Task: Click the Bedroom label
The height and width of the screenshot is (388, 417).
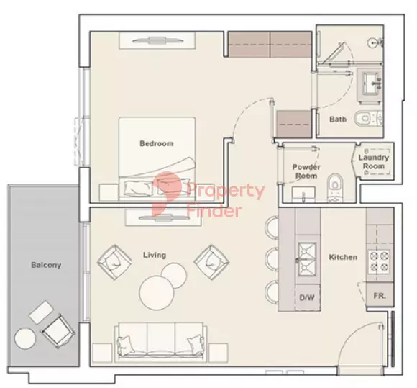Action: (x=157, y=143)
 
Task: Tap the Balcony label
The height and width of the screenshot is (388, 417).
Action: (x=46, y=265)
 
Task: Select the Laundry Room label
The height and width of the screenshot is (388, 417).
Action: (x=374, y=162)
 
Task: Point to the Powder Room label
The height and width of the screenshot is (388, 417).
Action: (x=306, y=171)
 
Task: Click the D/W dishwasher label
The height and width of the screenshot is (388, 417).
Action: (x=307, y=297)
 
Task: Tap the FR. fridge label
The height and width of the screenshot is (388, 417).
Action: (x=380, y=296)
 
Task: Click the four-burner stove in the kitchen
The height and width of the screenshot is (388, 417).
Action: (x=379, y=262)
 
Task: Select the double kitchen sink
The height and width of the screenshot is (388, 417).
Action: (x=308, y=259)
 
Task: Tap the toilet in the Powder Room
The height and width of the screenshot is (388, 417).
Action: (x=334, y=188)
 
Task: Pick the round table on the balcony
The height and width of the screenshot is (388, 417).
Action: (x=25, y=338)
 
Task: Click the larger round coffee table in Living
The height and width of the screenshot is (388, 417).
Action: (x=157, y=294)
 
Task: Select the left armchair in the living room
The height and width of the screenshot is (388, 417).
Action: (x=114, y=262)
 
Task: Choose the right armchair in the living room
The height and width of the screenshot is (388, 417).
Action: (x=211, y=262)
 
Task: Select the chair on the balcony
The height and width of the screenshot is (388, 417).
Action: (x=58, y=331)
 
